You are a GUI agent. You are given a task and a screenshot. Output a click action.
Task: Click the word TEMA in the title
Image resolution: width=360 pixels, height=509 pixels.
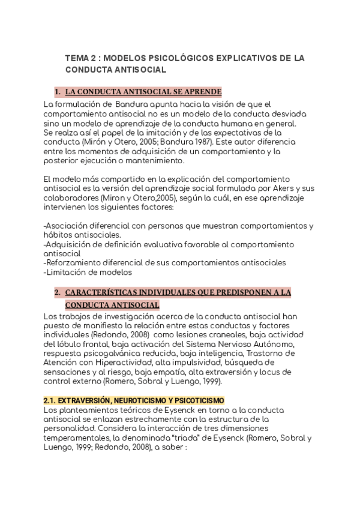(76, 58)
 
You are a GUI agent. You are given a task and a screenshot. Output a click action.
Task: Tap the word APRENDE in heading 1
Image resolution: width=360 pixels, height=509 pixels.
(205, 92)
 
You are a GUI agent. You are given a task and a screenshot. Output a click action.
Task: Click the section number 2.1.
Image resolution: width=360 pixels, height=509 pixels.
(50, 400)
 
